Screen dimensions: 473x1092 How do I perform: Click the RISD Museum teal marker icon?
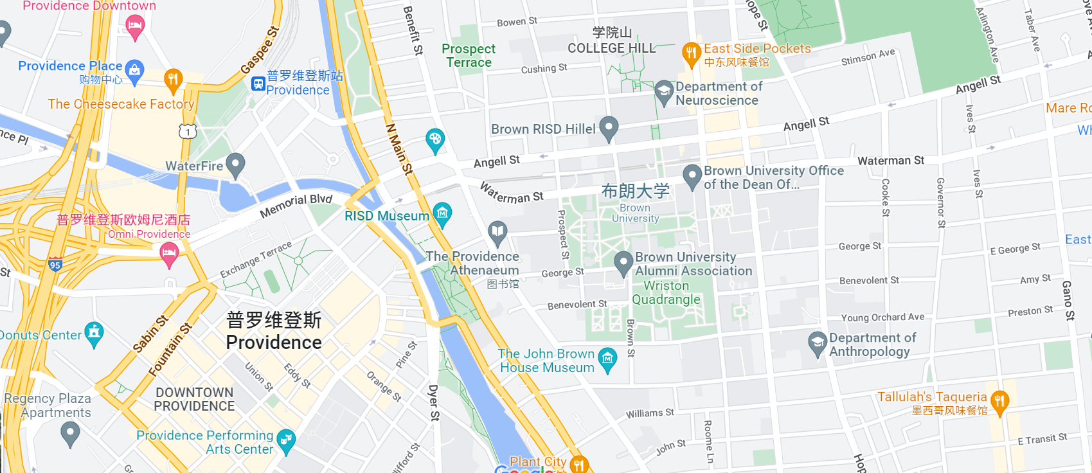coord(442,213)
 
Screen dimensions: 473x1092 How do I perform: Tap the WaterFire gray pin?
coord(235,164)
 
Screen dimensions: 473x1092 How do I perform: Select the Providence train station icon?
coord(258,84)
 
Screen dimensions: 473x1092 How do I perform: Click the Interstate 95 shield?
coord(55,265)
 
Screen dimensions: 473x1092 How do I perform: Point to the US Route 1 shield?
coord(187,132)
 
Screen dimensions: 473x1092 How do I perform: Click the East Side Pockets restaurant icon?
coord(691,53)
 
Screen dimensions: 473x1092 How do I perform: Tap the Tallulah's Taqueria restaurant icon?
coord(999,402)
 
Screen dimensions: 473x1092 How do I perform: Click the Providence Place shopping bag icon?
coord(134,70)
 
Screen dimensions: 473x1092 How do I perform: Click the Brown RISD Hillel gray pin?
coord(608,127)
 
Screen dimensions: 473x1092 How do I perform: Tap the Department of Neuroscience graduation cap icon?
coord(663,91)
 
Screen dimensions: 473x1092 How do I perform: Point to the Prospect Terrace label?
coord(469,55)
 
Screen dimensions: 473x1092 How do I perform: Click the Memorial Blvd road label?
coord(296,205)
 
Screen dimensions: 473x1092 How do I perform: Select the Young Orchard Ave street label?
coord(882,317)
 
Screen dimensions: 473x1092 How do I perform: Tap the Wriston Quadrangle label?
coord(666,292)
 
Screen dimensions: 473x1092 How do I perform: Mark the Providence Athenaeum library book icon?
coord(497,232)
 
